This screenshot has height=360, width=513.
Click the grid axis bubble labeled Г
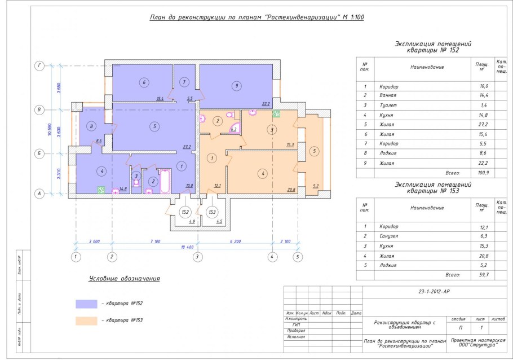[39, 66]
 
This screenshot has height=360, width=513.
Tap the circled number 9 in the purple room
[237, 86]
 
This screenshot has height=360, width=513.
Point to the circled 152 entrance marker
[184, 212]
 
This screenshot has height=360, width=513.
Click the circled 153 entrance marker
[213, 212]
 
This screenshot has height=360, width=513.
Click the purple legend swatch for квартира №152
[86, 304]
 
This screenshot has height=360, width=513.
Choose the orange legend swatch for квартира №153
[86, 320]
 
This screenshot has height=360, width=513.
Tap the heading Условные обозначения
[125, 279]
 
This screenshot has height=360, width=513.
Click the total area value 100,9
[483, 173]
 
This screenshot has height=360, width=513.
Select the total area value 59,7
[483, 275]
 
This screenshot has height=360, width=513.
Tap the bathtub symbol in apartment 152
[166, 181]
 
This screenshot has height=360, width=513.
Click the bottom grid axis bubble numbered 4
[272, 257]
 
